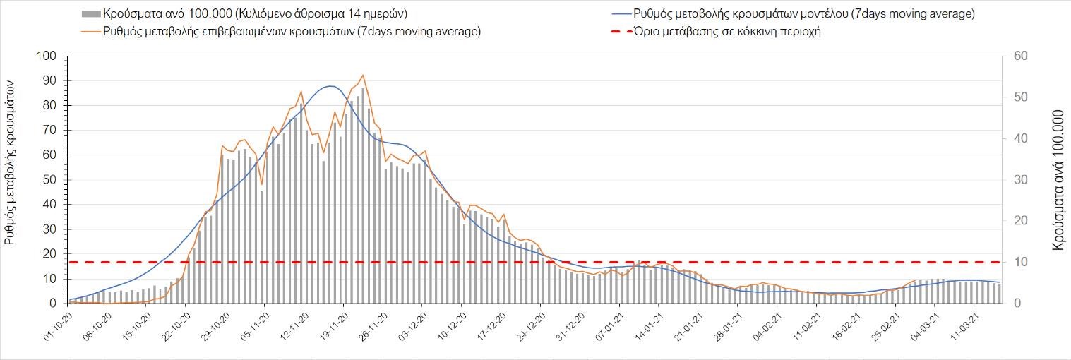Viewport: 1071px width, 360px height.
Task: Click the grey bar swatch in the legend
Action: (90, 14)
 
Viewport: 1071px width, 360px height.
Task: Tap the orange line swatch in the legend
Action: (90, 32)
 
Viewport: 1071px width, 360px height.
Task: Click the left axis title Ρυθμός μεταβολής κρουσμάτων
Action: (11, 160)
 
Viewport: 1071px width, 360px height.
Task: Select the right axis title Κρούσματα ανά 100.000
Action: (1058, 179)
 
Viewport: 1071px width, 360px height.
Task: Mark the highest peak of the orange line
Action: (363, 75)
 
